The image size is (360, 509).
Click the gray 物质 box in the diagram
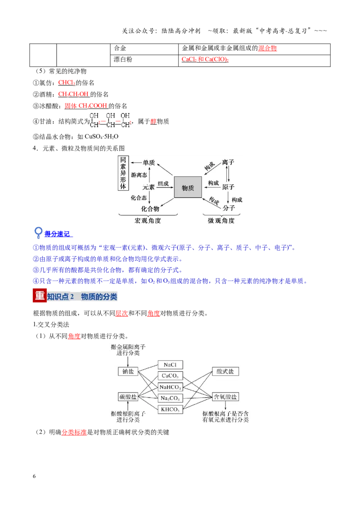188,187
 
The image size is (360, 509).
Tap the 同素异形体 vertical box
123,173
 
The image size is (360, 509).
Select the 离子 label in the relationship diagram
228,162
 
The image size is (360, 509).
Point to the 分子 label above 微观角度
229,208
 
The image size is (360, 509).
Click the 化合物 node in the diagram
150,209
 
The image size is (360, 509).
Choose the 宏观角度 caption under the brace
148,221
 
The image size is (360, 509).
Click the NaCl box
170,365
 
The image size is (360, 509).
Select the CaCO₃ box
170,375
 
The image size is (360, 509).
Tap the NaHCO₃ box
170,387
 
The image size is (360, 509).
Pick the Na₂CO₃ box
170,398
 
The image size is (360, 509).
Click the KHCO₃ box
170,409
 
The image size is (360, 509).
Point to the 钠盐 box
128,371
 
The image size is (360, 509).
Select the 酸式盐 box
225,371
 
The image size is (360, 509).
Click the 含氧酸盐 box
225,397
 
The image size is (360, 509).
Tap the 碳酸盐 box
128,397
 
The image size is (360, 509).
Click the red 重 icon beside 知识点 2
40,295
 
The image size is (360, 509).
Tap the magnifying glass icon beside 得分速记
38,232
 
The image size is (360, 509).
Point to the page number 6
34,476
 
